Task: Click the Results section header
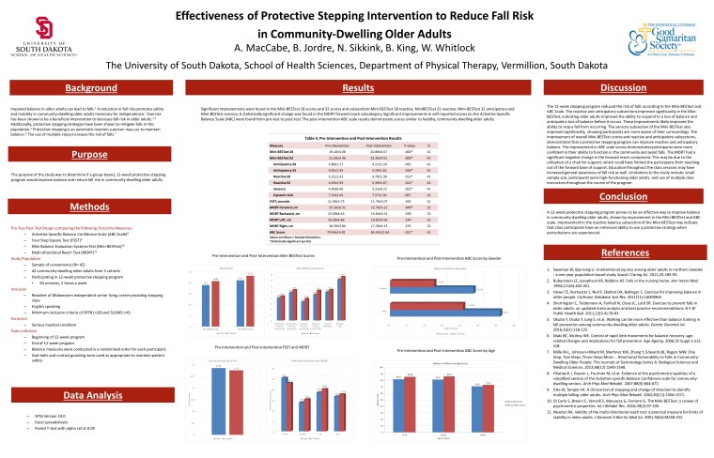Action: tap(354, 87)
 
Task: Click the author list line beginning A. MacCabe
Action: tap(356, 47)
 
